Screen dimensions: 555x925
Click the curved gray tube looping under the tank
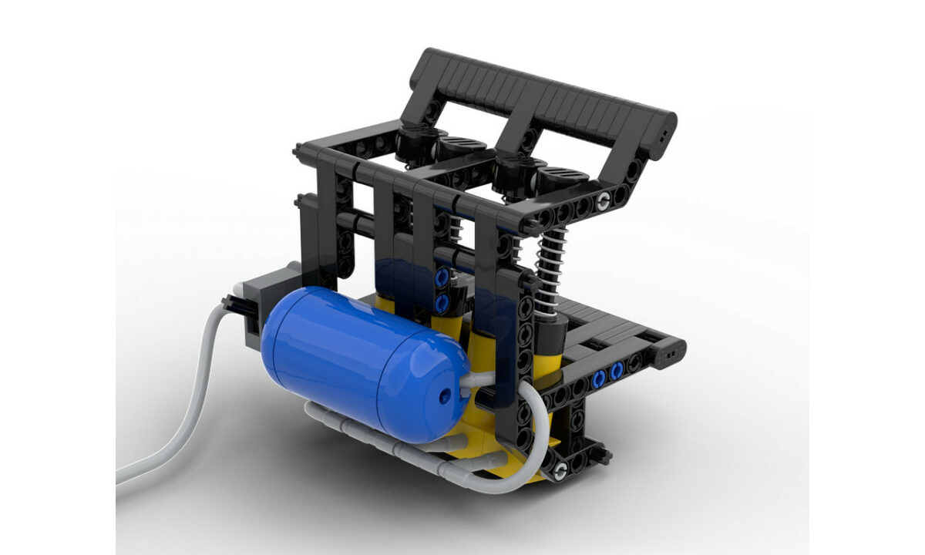pyautogui.click(x=532, y=432)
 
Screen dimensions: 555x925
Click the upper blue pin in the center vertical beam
pyautogui.click(x=442, y=277)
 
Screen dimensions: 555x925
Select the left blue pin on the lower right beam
pyautogui.click(x=598, y=378)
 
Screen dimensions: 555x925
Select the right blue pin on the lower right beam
pyautogui.click(x=617, y=373)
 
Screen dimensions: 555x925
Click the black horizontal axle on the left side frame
pyautogui.click(x=362, y=224)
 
